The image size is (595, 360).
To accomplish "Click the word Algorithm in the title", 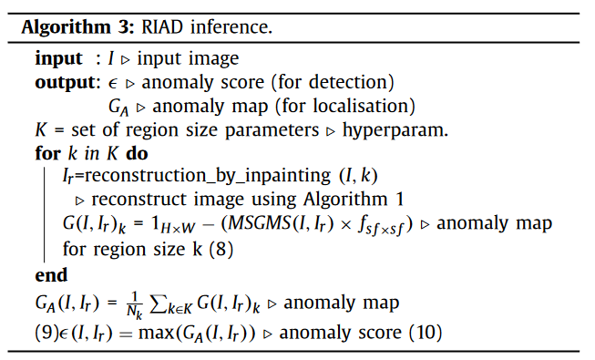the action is pyautogui.click(x=66, y=28).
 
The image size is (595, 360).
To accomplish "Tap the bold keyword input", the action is pyautogui.click(x=58, y=59).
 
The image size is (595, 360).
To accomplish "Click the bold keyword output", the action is pyautogui.click(x=65, y=83).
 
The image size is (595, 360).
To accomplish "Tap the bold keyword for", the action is pyautogui.click(x=47, y=153).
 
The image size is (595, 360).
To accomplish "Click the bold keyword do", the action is pyautogui.click(x=137, y=153).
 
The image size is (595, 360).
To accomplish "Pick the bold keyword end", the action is pyautogui.click(x=51, y=274).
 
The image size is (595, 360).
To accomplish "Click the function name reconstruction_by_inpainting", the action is pyautogui.click(x=207, y=176).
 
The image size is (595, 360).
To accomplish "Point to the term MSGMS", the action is pyautogui.click(x=260, y=223).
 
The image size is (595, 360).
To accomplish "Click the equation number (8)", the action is pyautogui.click(x=221, y=249).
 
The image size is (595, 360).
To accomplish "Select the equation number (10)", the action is pyautogui.click(x=426, y=333).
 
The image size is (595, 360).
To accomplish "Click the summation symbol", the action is pyautogui.click(x=159, y=303).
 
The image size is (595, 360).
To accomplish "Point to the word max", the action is pyautogui.click(x=157, y=334).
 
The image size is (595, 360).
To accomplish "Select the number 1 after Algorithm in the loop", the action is pyautogui.click(x=400, y=200).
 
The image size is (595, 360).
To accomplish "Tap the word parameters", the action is pyautogui.click(x=272, y=130).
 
